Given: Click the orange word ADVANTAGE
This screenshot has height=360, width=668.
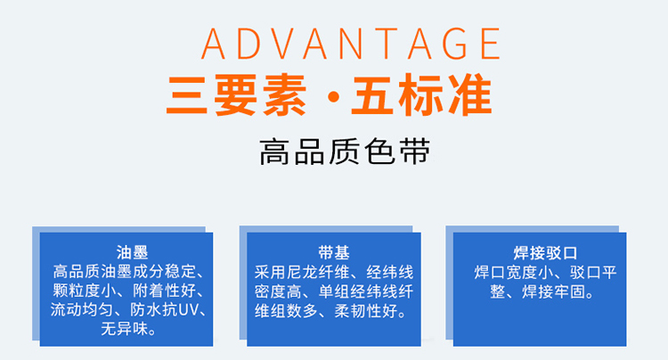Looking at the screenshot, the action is (351, 44).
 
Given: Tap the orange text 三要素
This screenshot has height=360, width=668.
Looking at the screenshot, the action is (236, 95).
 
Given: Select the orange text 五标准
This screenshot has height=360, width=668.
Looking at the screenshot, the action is (421, 95).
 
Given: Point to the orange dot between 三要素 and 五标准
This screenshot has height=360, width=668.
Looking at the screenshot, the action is (334, 97).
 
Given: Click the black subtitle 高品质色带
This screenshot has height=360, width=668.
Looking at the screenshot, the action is (345, 151).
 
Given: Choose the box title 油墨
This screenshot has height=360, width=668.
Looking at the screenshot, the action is (132, 252).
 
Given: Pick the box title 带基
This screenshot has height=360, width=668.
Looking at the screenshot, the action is (334, 252).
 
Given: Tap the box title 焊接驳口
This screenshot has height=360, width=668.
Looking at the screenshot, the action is (545, 253).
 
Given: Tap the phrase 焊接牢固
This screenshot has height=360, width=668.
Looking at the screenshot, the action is (554, 292).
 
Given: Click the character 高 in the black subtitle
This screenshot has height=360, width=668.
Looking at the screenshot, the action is (274, 151).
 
